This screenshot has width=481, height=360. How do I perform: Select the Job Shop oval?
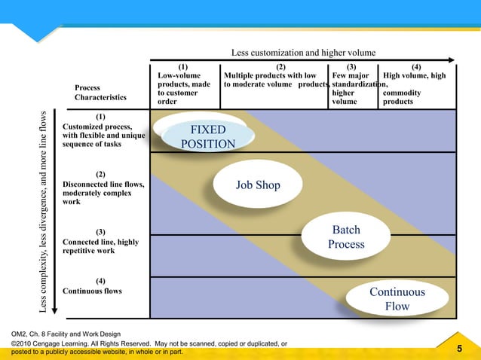pyautogui.click(x=258, y=185)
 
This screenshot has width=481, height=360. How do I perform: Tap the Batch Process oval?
pyautogui.click(x=346, y=236)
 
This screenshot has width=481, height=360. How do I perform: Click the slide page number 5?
pyautogui.click(x=459, y=348)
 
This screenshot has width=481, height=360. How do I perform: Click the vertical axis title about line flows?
pyautogui.click(x=44, y=213)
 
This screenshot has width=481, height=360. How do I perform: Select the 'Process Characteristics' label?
pyautogui.click(x=100, y=93)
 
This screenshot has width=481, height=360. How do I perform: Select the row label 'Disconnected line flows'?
pyautogui.click(x=101, y=188)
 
